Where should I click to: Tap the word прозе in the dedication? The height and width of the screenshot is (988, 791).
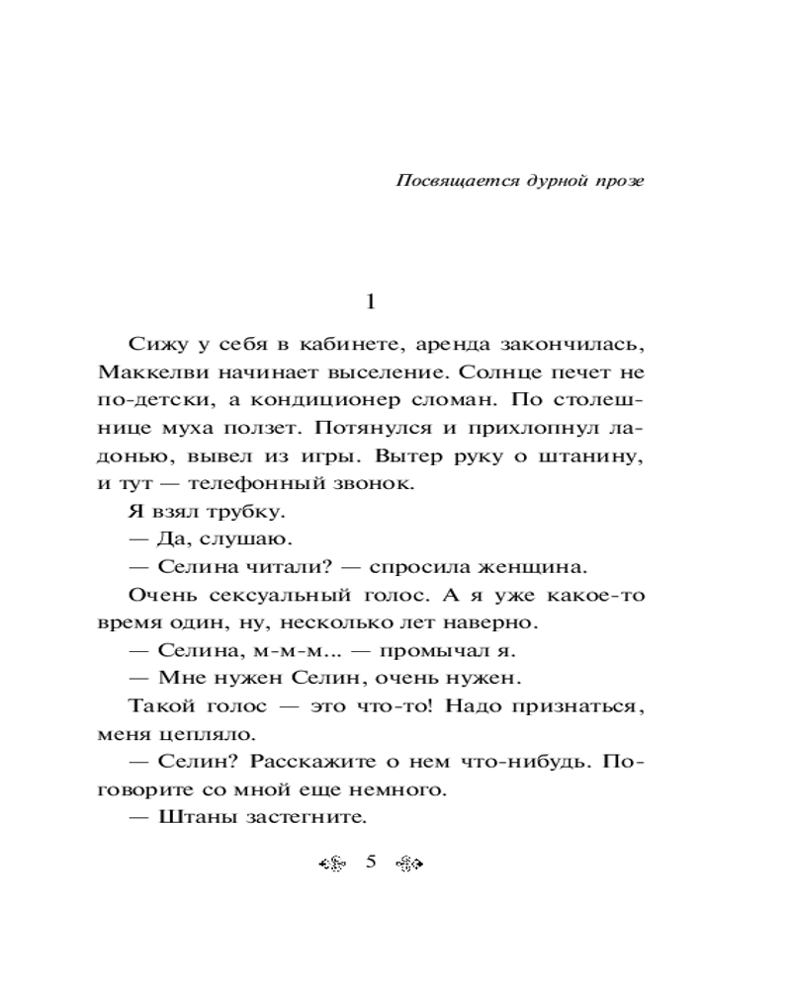[x=619, y=181]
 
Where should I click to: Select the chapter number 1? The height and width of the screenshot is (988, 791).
[x=371, y=301]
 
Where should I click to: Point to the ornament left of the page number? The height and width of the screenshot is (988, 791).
[x=332, y=864]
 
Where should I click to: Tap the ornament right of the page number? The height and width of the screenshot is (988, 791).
[x=408, y=864]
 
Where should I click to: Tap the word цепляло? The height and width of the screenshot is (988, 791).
[x=195, y=734]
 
